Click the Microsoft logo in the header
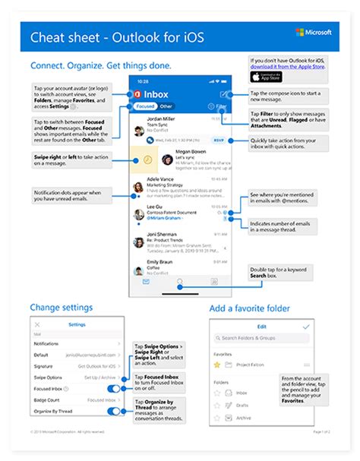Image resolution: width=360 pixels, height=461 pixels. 317,34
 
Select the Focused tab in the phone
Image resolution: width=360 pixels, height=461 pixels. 145,107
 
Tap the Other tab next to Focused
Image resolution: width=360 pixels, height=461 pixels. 166,107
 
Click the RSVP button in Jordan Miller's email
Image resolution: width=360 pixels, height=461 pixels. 219,140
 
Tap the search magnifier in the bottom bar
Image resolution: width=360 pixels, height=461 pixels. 180,281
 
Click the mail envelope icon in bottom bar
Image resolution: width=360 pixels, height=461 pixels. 147,281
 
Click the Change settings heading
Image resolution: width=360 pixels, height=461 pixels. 61,308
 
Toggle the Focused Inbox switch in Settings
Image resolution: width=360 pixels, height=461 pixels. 113,388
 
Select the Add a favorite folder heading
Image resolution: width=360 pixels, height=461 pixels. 248,308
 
